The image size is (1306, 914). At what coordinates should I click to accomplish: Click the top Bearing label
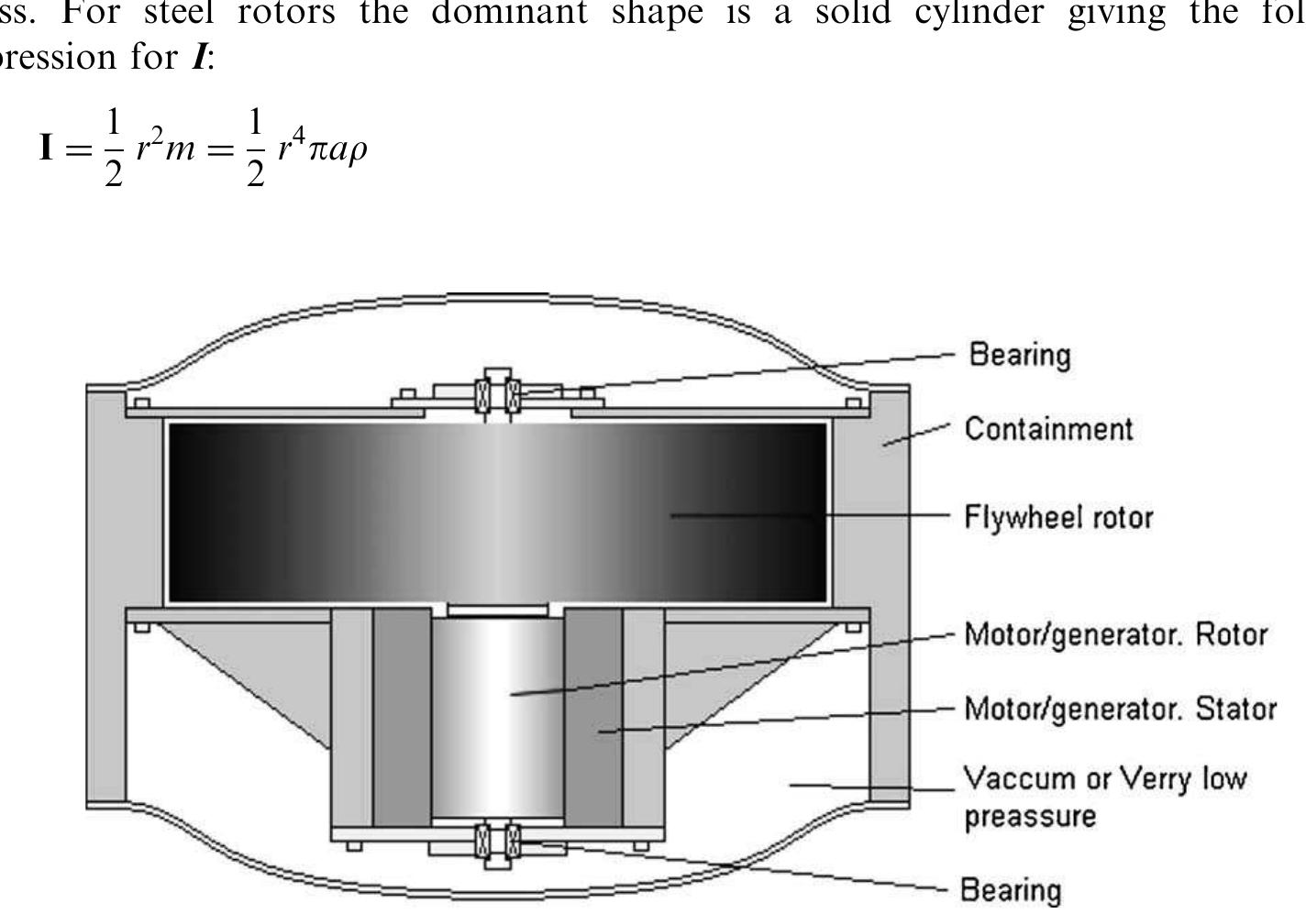pos(1020,355)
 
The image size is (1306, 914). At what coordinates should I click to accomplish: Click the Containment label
pos(1048,429)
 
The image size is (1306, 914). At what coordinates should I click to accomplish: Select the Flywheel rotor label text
pos(1058,517)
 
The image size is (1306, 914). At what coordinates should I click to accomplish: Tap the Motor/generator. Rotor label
pos(1115,634)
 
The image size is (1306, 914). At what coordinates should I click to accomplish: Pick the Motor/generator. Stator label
pos(1120,709)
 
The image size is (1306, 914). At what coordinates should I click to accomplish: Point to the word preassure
pos(1030,816)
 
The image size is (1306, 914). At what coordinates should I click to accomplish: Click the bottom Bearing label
pos(1010,889)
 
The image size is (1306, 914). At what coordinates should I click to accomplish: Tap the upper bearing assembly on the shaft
pos(498,395)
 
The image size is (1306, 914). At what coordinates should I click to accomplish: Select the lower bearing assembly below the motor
pos(498,841)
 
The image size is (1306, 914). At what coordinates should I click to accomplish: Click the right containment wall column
pos(889,596)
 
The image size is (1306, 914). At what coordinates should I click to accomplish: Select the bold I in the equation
pos(47,148)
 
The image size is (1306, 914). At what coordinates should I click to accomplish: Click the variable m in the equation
pos(179,149)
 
